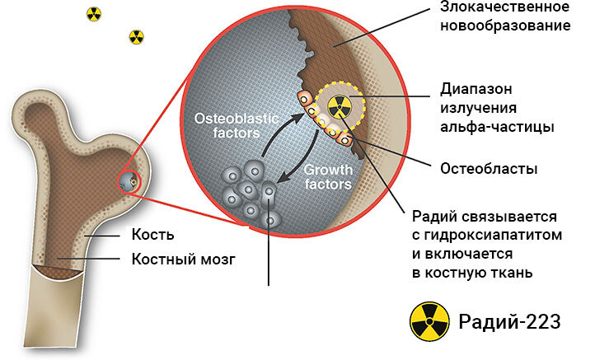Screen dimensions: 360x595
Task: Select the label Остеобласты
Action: [489, 170]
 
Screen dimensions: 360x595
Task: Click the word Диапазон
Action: [476, 90]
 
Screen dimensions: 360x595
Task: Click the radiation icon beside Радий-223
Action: [429, 320]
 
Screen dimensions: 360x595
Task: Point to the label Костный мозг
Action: [184, 259]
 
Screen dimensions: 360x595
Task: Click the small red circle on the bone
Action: [130, 180]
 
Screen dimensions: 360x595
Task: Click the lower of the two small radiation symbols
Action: [136, 36]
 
